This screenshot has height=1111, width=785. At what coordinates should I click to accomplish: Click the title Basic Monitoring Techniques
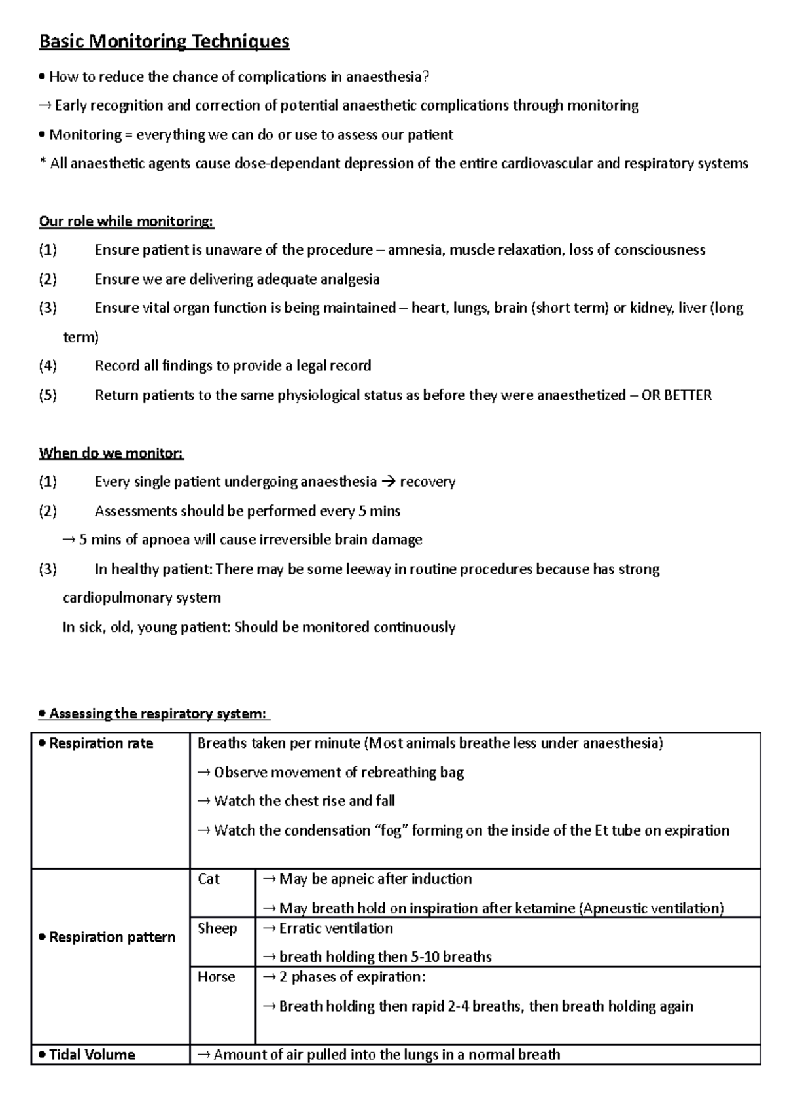tap(164, 42)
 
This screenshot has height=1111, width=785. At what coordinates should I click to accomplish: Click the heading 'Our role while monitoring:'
tap(126, 221)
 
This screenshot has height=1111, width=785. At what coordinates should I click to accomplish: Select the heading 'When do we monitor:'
tap(111, 453)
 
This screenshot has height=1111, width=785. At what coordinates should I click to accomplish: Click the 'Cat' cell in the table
tap(209, 879)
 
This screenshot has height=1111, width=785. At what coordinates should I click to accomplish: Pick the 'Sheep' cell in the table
tap(217, 928)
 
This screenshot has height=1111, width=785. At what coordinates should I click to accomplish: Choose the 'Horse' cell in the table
tap(216, 977)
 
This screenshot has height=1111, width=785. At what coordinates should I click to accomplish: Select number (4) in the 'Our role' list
tap(48, 366)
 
